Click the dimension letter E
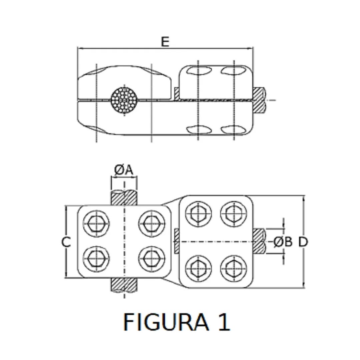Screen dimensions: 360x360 click(x=165, y=42)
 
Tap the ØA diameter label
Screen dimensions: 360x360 click(x=124, y=170)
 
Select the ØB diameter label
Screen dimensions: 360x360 click(x=283, y=242)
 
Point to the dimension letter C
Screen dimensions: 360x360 click(x=66, y=242)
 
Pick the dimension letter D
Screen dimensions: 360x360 click(x=303, y=242)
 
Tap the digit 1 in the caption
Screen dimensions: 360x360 click(x=224, y=322)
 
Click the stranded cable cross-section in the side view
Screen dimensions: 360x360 click(x=124, y=99)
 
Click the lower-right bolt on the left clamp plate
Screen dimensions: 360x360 click(x=152, y=259)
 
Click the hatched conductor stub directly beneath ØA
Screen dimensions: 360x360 click(x=124, y=198)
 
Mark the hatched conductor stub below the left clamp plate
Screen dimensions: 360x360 click(x=124, y=285)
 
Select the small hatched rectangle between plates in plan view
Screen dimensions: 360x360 click(x=177, y=241)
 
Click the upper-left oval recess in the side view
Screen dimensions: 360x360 click(x=199, y=70)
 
